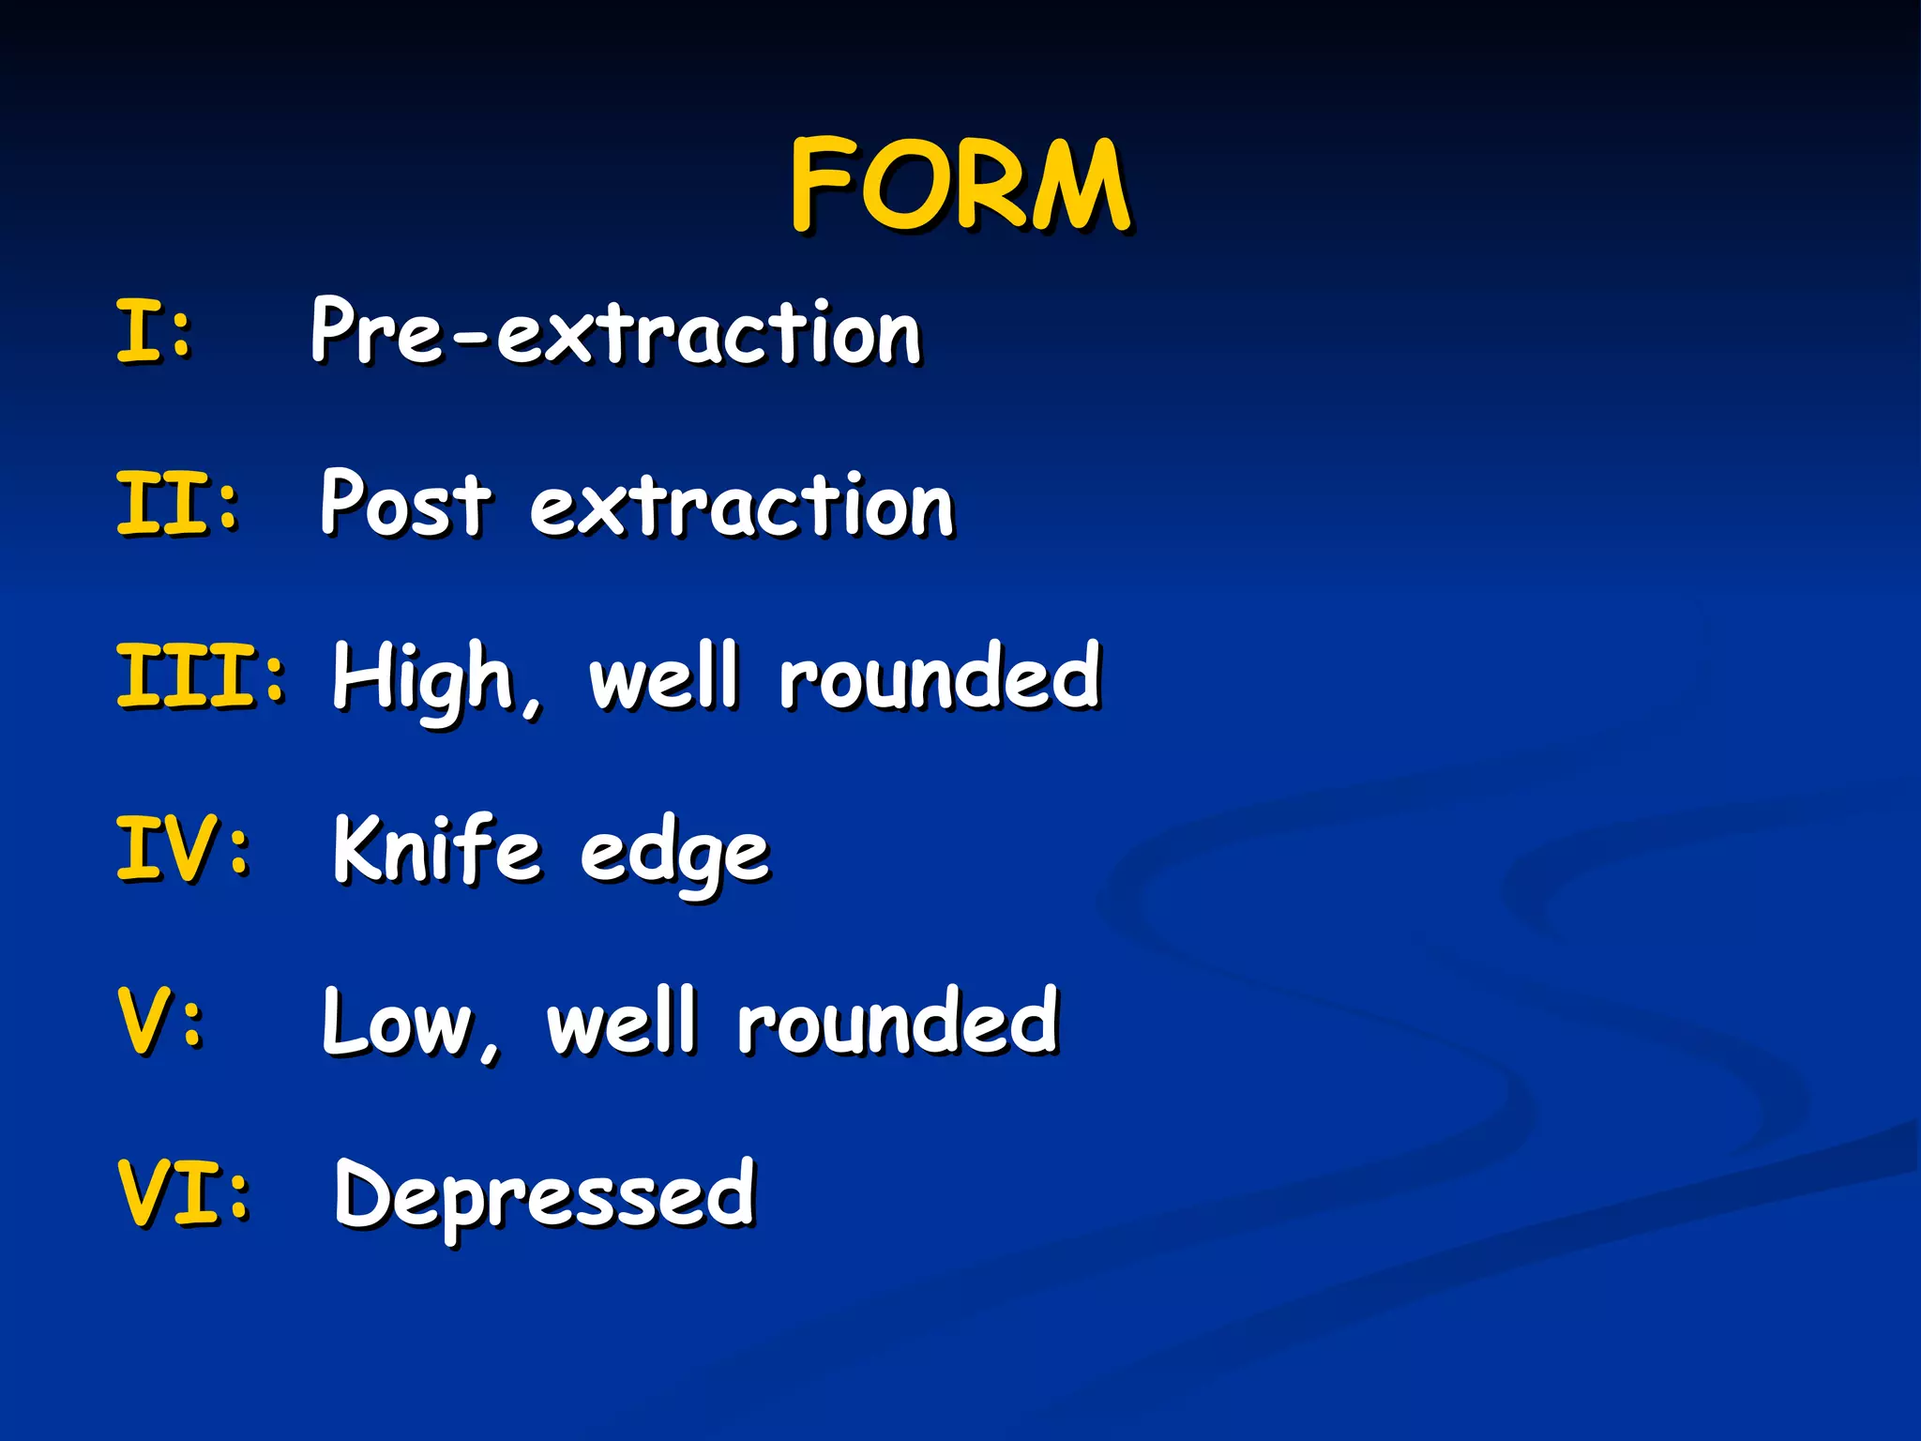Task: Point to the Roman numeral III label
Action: (x=188, y=675)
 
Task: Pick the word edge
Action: (x=674, y=856)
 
